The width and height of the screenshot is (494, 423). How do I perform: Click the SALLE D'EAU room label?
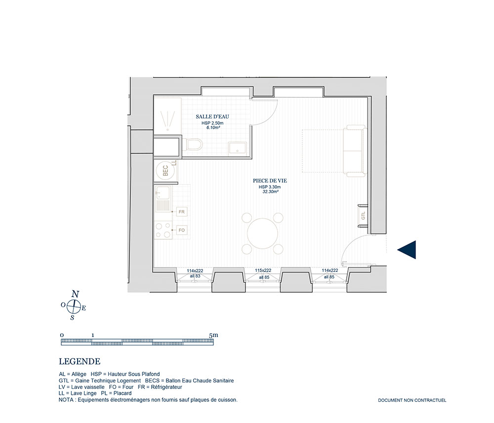[212, 116]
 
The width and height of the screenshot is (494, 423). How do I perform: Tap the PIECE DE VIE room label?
[270, 181]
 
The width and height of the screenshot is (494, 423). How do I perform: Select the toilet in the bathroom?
[194, 145]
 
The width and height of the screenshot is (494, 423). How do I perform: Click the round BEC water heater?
[165, 171]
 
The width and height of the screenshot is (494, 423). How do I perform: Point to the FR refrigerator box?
[182, 212]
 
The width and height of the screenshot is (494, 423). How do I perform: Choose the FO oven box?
[182, 230]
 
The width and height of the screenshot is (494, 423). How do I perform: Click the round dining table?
[262, 233]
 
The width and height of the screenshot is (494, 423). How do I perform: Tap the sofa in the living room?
[355, 150]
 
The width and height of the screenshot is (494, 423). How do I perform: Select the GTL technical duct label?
[363, 216]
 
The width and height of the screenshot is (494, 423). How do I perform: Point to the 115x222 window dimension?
[263, 270]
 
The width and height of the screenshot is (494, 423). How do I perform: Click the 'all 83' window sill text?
[195, 276]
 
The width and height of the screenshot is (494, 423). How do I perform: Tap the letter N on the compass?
[75, 294]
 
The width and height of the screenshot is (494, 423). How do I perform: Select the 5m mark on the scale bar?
[213, 335]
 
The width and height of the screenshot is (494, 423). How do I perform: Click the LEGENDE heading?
[80, 362]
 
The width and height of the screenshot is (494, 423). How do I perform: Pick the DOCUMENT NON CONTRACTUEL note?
[412, 400]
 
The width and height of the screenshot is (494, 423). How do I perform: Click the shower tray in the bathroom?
[167, 116]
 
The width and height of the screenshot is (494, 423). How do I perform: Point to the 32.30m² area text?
[270, 192]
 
